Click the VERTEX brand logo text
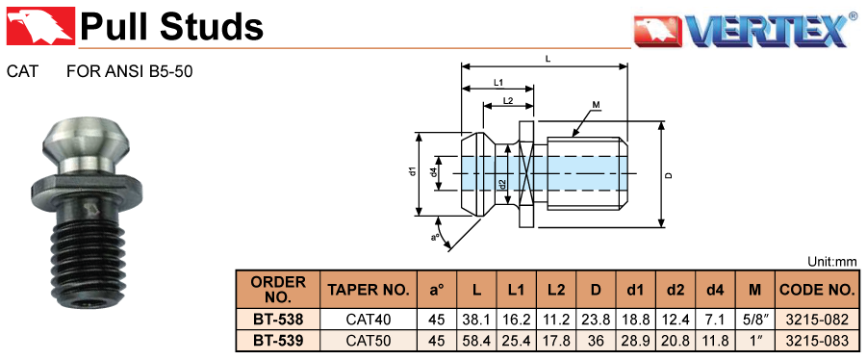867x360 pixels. (767, 32)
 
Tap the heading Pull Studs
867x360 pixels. (172, 26)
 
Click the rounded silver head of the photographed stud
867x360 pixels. (88, 141)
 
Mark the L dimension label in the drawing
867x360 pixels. (547, 58)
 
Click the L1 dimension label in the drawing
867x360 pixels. (497, 83)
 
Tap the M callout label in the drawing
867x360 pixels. (596, 104)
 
